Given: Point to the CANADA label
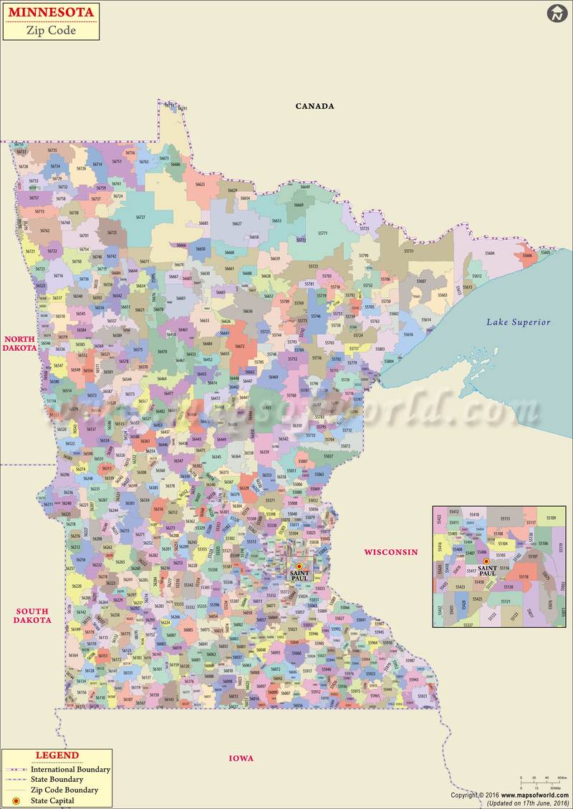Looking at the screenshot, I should (x=315, y=106).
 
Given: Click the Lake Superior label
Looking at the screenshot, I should (x=519, y=322).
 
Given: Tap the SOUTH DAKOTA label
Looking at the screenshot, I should (x=32, y=616).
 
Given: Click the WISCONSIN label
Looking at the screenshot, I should (x=390, y=552).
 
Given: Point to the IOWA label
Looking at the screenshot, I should (x=241, y=758).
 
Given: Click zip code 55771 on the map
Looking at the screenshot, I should (x=322, y=233).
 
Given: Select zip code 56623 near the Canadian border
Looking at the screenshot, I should (x=200, y=184).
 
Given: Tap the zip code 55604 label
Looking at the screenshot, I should (x=489, y=253).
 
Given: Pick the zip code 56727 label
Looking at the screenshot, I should (x=140, y=217).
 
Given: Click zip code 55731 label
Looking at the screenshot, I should (x=409, y=251).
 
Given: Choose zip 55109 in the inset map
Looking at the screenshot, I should (x=551, y=518).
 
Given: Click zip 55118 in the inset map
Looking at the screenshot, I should (x=524, y=576).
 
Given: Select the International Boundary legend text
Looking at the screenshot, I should (x=69, y=769).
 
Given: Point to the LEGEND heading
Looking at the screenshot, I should (x=57, y=755).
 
